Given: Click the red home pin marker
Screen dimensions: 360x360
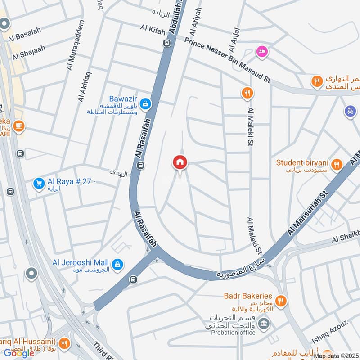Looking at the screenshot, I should click(180, 162).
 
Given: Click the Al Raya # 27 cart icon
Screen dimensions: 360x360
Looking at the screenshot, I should click(39, 183).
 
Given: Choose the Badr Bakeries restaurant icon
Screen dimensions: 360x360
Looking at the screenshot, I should click(281, 300).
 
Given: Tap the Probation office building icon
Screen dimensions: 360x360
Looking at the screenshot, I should click(264, 324).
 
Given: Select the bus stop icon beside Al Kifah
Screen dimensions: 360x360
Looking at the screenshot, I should click(167, 43).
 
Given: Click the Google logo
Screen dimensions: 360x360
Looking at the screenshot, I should click(19, 353).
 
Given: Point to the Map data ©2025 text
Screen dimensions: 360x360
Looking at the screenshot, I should click(337, 355).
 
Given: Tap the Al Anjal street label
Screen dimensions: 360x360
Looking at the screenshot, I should click(234, 41).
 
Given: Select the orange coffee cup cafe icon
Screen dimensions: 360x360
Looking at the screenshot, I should click(18, 126).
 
